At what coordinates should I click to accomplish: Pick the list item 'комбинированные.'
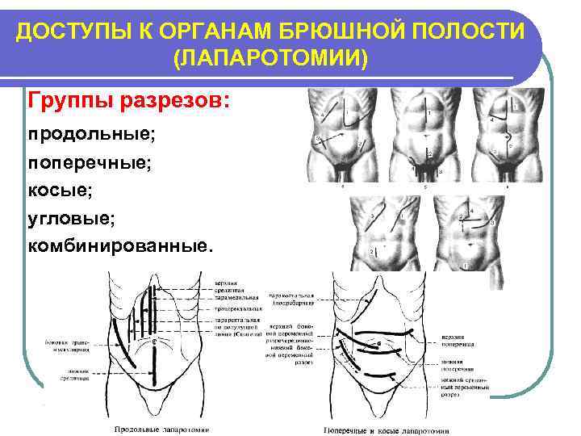click(122, 245)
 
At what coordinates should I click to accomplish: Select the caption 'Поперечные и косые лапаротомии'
click(386, 430)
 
